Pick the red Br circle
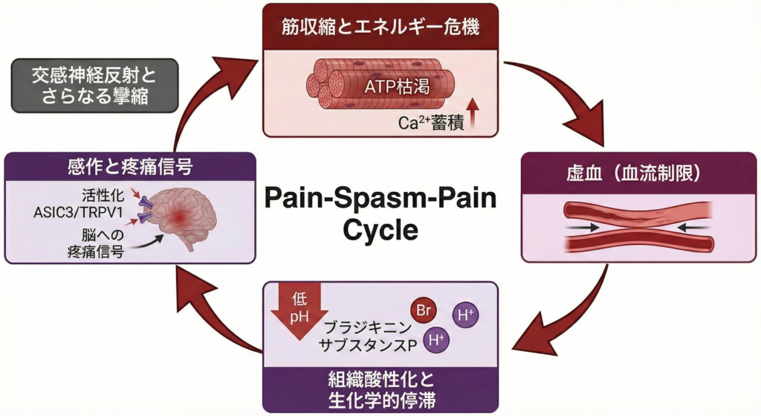click(423, 310)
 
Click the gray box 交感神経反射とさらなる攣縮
click(95, 86)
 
